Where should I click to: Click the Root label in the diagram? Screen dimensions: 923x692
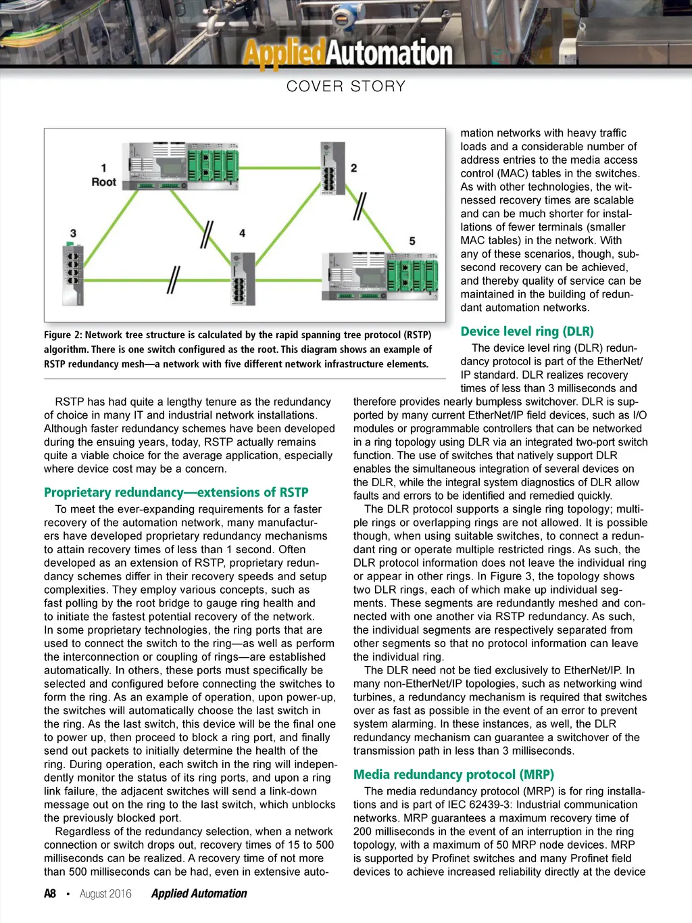(x=104, y=182)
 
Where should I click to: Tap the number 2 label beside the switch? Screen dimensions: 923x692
(x=353, y=168)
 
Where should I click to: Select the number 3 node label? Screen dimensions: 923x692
(x=73, y=233)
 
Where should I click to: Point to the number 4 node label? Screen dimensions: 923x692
(x=242, y=233)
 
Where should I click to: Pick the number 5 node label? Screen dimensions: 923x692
(x=412, y=241)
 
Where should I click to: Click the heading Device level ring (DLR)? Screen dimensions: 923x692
(x=527, y=331)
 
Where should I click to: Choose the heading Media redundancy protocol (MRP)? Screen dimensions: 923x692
(x=453, y=774)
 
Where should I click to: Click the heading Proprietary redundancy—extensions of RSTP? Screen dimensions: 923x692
(x=176, y=492)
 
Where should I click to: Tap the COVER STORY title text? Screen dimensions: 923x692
(x=346, y=87)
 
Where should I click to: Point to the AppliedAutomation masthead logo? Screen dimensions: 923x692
(x=347, y=53)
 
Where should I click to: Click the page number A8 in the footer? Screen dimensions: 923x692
(x=50, y=894)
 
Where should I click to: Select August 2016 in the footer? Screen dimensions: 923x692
(x=105, y=894)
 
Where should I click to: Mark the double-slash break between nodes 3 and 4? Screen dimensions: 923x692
(x=174, y=279)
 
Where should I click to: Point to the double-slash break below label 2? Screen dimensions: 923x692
(x=360, y=206)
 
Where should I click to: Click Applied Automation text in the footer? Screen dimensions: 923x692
(x=199, y=894)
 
